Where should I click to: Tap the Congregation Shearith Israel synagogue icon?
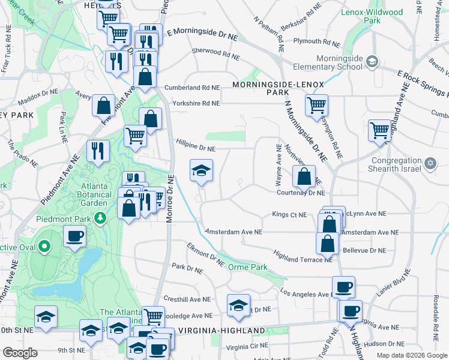[x=430, y=163]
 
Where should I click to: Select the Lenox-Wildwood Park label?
[x=371, y=16]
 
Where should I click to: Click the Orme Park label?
[x=248, y=267]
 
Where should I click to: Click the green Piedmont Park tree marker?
[x=103, y=217]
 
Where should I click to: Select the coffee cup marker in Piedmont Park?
[x=74, y=236]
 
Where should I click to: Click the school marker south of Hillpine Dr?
[x=201, y=170]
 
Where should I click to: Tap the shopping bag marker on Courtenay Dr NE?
[x=304, y=176]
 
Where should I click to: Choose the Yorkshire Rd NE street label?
[x=196, y=103]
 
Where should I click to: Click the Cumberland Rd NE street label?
[x=193, y=87]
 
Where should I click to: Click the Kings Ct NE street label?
[x=289, y=214]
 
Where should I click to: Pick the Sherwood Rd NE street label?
[x=215, y=55]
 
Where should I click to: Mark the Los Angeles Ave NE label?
[x=306, y=293]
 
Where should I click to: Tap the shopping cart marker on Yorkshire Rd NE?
[x=316, y=106]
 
